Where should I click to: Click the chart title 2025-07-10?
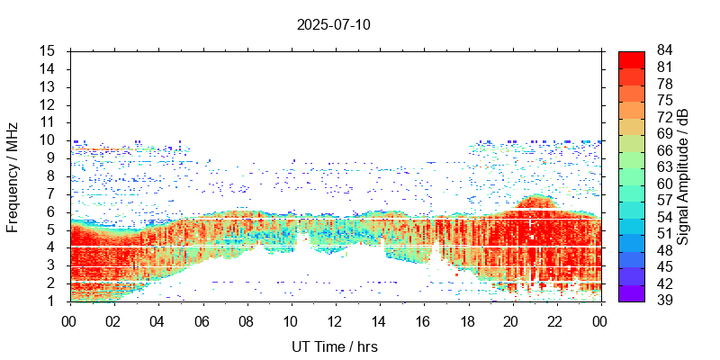[x=333, y=24]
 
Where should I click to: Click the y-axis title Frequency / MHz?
[x=13, y=175]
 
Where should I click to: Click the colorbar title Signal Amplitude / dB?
[x=683, y=175]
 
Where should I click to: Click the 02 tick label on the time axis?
[x=113, y=321]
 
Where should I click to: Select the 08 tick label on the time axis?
[x=247, y=321]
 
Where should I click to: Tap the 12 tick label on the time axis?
[x=335, y=321]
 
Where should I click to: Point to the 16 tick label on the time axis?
[x=424, y=321]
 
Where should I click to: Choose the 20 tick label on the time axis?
[x=512, y=321]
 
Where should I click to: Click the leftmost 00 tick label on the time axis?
[x=69, y=321]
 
